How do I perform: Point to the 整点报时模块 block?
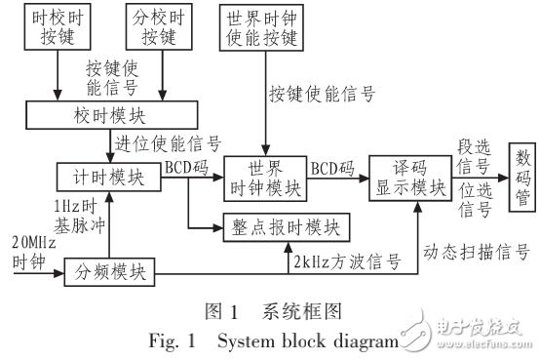click(284, 226)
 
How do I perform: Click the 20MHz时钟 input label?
click(26, 250)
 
